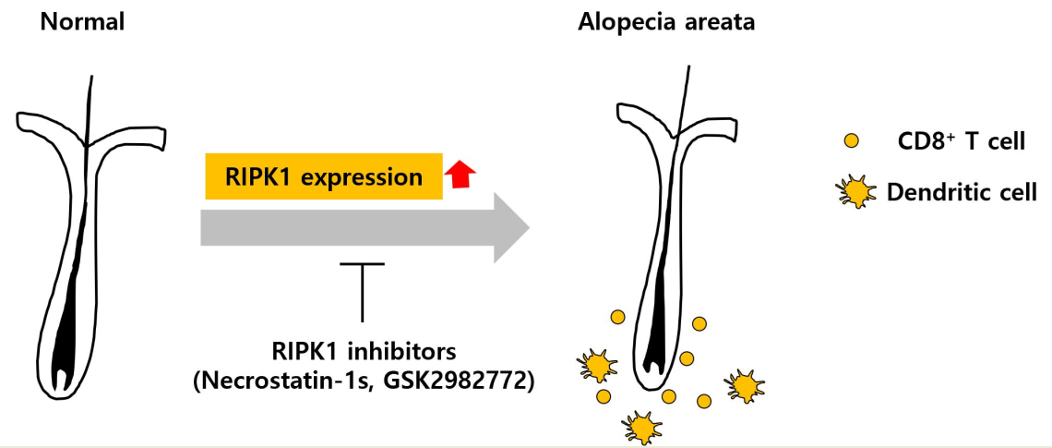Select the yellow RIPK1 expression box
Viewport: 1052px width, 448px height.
pyautogui.click(x=323, y=176)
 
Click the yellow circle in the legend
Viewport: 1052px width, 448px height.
pyautogui.click(x=852, y=141)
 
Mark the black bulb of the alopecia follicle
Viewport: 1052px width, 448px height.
pyautogui.click(x=656, y=333)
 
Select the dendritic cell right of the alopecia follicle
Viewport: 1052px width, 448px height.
pyautogui.click(x=745, y=383)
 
